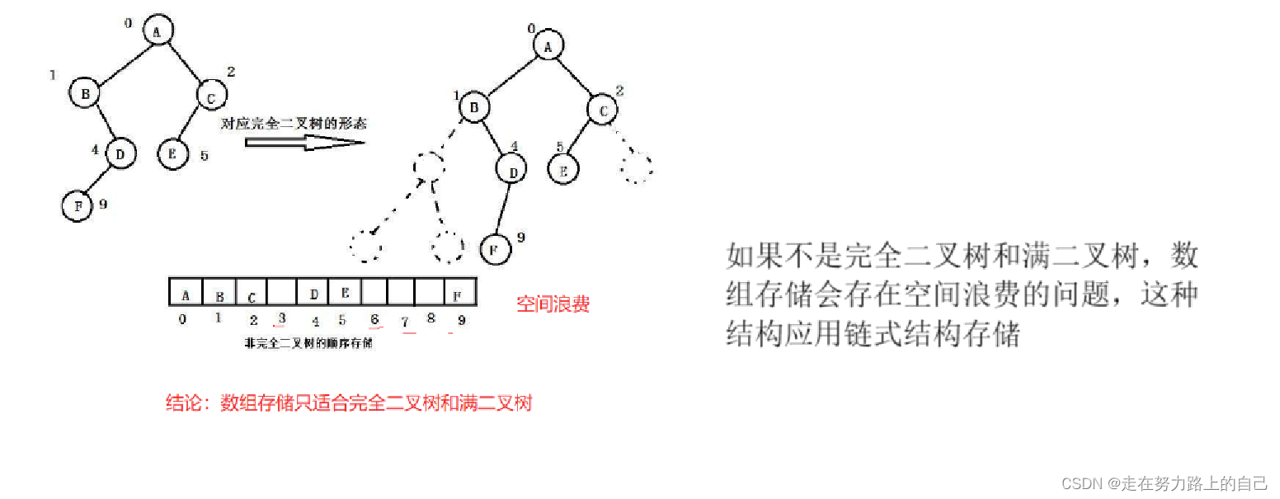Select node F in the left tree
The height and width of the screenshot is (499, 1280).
(x=77, y=206)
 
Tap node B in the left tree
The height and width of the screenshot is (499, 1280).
(x=84, y=94)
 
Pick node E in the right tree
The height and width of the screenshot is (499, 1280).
(x=564, y=170)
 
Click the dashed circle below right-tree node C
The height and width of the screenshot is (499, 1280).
(x=638, y=168)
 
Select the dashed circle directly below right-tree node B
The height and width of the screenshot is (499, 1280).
(x=428, y=167)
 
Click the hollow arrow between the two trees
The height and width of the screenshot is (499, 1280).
(x=304, y=142)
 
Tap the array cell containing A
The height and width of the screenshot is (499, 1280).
(x=186, y=294)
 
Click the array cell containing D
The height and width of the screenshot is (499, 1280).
(x=313, y=294)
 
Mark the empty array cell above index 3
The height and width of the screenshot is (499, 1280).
(x=282, y=294)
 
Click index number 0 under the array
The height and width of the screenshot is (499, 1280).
(x=182, y=319)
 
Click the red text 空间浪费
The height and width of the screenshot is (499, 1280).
(x=553, y=304)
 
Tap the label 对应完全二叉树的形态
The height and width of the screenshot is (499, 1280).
(x=294, y=125)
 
